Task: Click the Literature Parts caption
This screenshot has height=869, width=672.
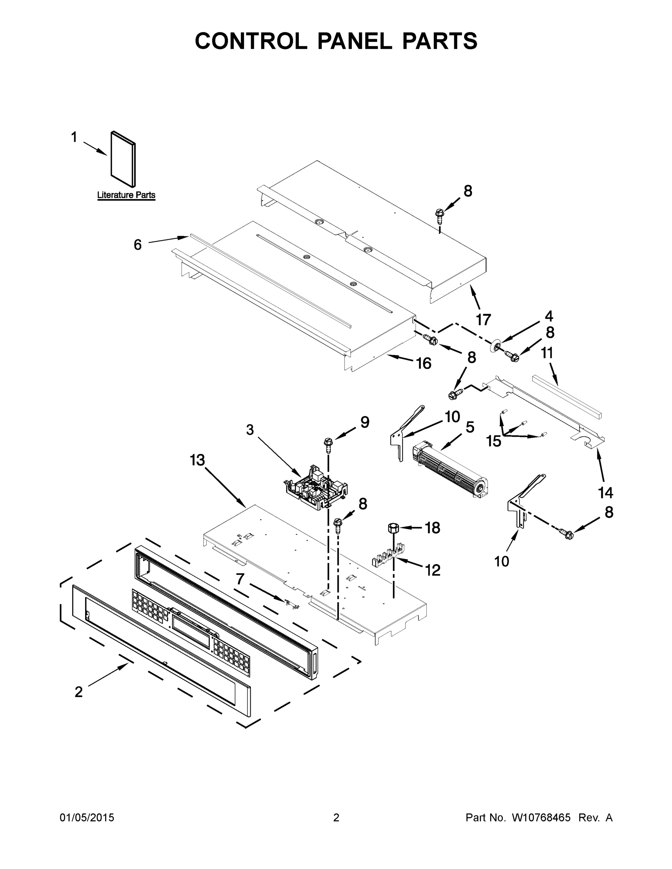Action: tap(126, 195)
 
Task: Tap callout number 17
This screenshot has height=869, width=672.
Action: tap(483, 319)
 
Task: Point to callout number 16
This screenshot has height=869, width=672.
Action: tap(423, 363)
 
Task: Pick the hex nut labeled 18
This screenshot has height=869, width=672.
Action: tap(393, 528)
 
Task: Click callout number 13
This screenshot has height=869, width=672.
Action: tap(197, 460)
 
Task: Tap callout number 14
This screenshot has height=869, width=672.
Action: tap(605, 492)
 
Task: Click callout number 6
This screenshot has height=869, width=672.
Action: tap(137, 245)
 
